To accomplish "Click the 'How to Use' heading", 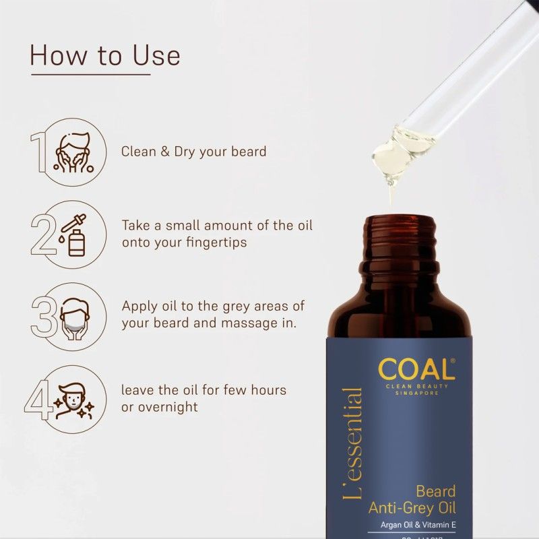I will pos(104,55).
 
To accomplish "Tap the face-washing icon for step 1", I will pos(73,152).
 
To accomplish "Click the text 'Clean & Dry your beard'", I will pos(194,152).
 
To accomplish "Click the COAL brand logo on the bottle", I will pos(416,369).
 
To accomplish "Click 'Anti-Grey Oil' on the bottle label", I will pos(412,507).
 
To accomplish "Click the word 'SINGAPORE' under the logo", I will pos(417,393).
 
